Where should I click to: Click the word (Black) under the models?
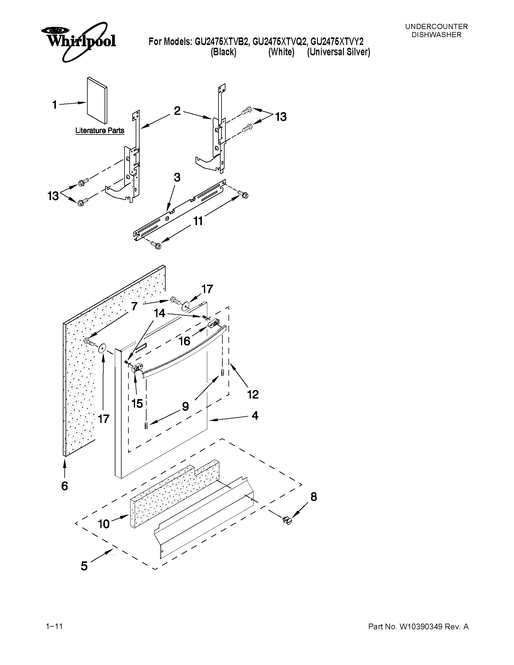pyautogui.click(x=224, y=52)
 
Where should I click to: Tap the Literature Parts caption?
pyautogui.click(x=100, y=131)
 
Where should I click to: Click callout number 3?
pyautogui.click(x=177, y=177)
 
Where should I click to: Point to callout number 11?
pyautogui.click(x=198, y=221)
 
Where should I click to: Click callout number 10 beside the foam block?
pyautogui.click(x=104, y=524)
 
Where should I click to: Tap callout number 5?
pyautogui.click(x=84, y=566)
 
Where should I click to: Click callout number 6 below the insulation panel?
pyautogui.click(x=65, y=486)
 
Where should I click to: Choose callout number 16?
pyautogui.click(x=185, y=341)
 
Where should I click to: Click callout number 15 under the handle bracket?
pyautogui.click(x=137, y=403)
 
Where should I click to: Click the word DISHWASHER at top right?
pyautogui.click(x=436, y=35)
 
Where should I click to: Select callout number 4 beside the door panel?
pyautogui.click(x=255, y=415)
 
